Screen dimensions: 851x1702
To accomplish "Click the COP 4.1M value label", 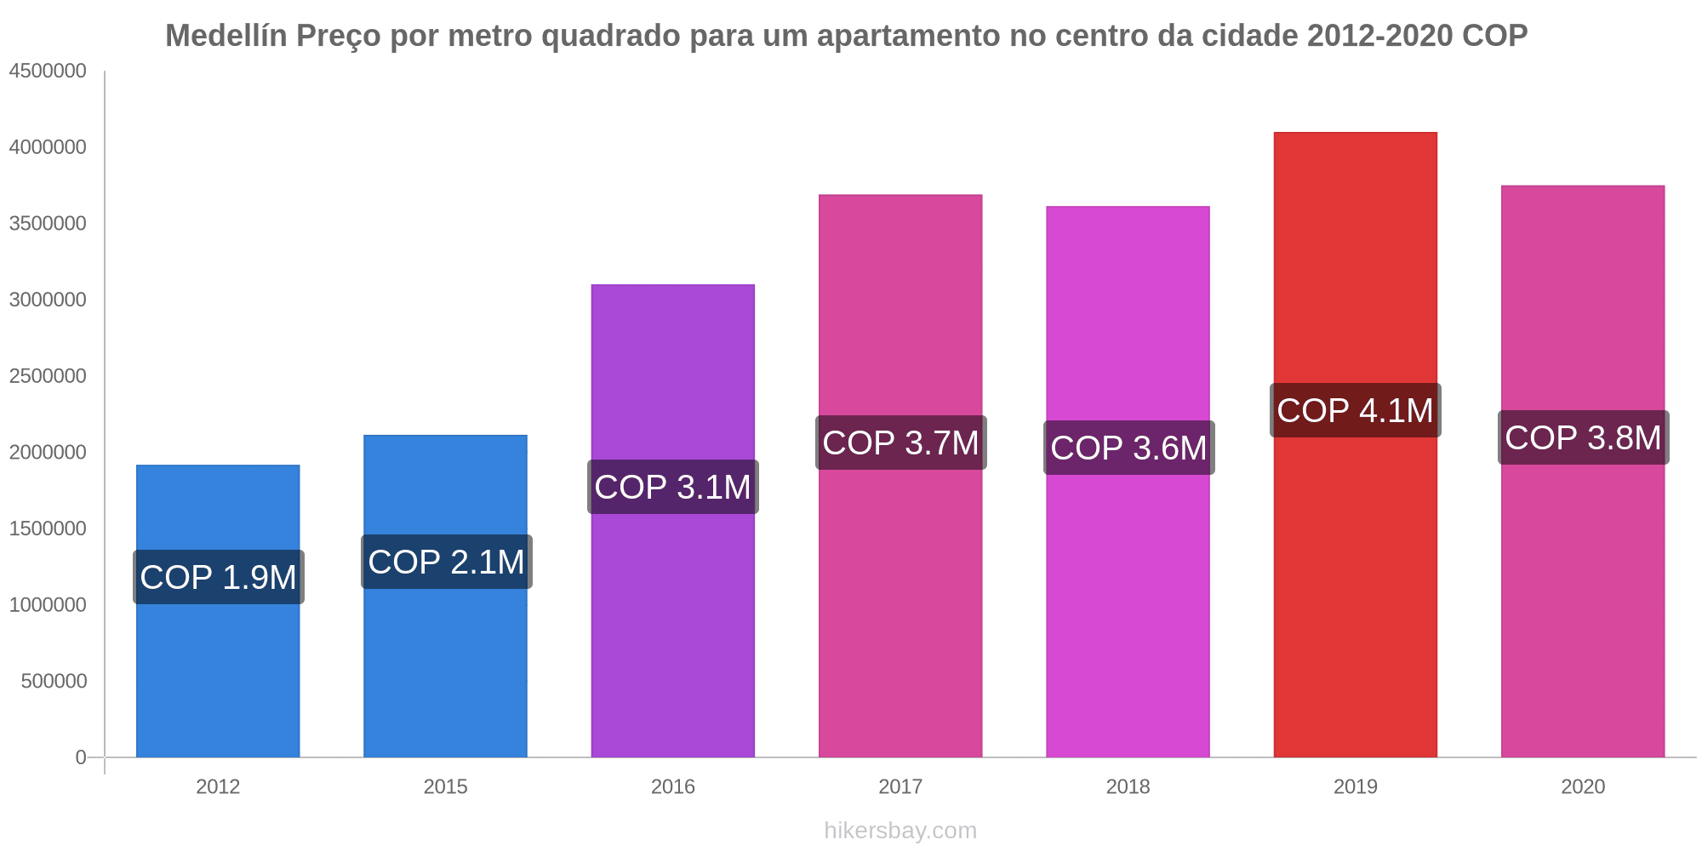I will [x=1355, y=410].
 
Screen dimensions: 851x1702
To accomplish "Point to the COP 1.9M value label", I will [x=218, y=577].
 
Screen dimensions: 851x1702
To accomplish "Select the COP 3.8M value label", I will [x=1583, y=437].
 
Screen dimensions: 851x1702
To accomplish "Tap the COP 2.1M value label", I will [x=446, y=562].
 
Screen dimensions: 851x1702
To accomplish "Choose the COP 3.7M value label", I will [x=900, y=443].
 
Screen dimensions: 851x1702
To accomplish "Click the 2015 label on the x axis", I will [x=446, y=786].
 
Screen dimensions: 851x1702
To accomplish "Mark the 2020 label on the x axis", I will [x=1583, y=786].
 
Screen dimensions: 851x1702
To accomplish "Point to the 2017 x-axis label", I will [x=900, y=786].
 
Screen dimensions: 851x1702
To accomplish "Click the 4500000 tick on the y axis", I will [x=48, y=71].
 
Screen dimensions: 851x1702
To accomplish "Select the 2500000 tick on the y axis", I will [x=48, y=376].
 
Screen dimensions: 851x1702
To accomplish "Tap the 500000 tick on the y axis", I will [x=54, y=681].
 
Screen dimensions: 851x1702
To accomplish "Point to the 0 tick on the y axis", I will [x=81, y=757].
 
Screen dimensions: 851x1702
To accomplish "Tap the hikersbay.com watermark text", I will [x=900, y=831].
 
